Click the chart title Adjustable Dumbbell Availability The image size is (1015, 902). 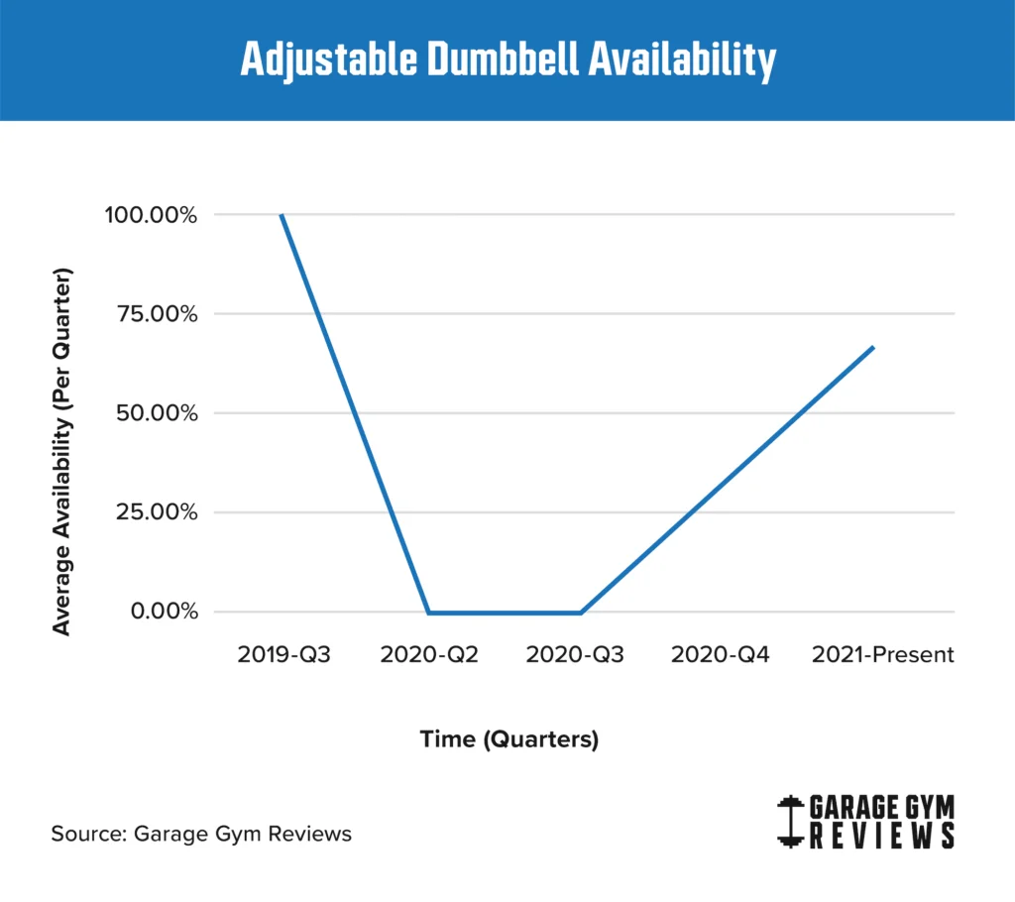(507, 60)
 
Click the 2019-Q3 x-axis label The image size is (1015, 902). (283, 655)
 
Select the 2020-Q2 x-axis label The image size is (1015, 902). (429, 655)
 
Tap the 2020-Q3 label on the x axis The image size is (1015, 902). (575, 655)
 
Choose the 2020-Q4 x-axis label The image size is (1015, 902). (721, 655)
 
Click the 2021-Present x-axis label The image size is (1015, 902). (882, 655)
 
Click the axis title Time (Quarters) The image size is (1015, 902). (508, 739)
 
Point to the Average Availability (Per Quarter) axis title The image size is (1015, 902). (62, 451)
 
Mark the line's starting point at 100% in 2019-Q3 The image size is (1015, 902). (282, 215)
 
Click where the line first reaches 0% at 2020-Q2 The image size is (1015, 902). (428, 613)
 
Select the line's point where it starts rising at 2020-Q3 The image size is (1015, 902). (580, 613)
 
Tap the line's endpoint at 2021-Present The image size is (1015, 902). (873, 347)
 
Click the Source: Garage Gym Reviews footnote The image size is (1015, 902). (201, 834)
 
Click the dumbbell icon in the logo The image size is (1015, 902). (790, 822)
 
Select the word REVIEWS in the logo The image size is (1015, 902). (882, 837)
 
